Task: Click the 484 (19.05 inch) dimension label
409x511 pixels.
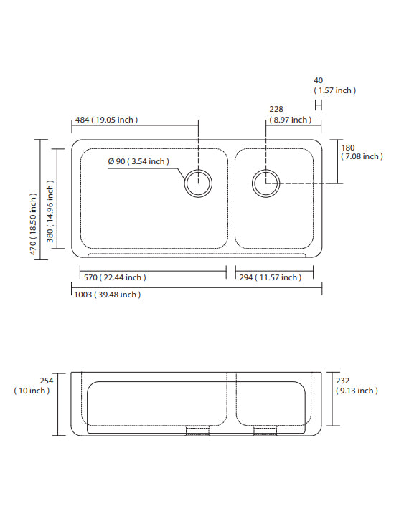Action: coord(106,120)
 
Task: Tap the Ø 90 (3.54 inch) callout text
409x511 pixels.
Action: coord(138,161)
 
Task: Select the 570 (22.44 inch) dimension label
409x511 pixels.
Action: coord(113,277)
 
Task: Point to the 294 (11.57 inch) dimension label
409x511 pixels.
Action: coord(270,277)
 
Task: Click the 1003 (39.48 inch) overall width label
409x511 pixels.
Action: coord(107,295)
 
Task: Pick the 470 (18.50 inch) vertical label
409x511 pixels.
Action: coord(33,223)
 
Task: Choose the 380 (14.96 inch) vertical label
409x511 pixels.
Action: coord(50,211)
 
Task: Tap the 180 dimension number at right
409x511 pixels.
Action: coord(347,148)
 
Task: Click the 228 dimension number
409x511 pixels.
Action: coord(276,110)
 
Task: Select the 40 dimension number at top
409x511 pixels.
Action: coord(318,80)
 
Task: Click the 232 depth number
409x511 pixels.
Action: coord(343,381)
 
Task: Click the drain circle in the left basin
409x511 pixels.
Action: coord(198,183)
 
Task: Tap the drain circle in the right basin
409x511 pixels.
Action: coord(265,183)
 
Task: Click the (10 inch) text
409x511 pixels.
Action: coord(32,391)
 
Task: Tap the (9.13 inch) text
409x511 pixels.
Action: coord(356,391)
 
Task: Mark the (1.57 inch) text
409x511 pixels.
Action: coord(334,91)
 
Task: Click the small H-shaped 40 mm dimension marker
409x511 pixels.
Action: coord(319,105)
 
